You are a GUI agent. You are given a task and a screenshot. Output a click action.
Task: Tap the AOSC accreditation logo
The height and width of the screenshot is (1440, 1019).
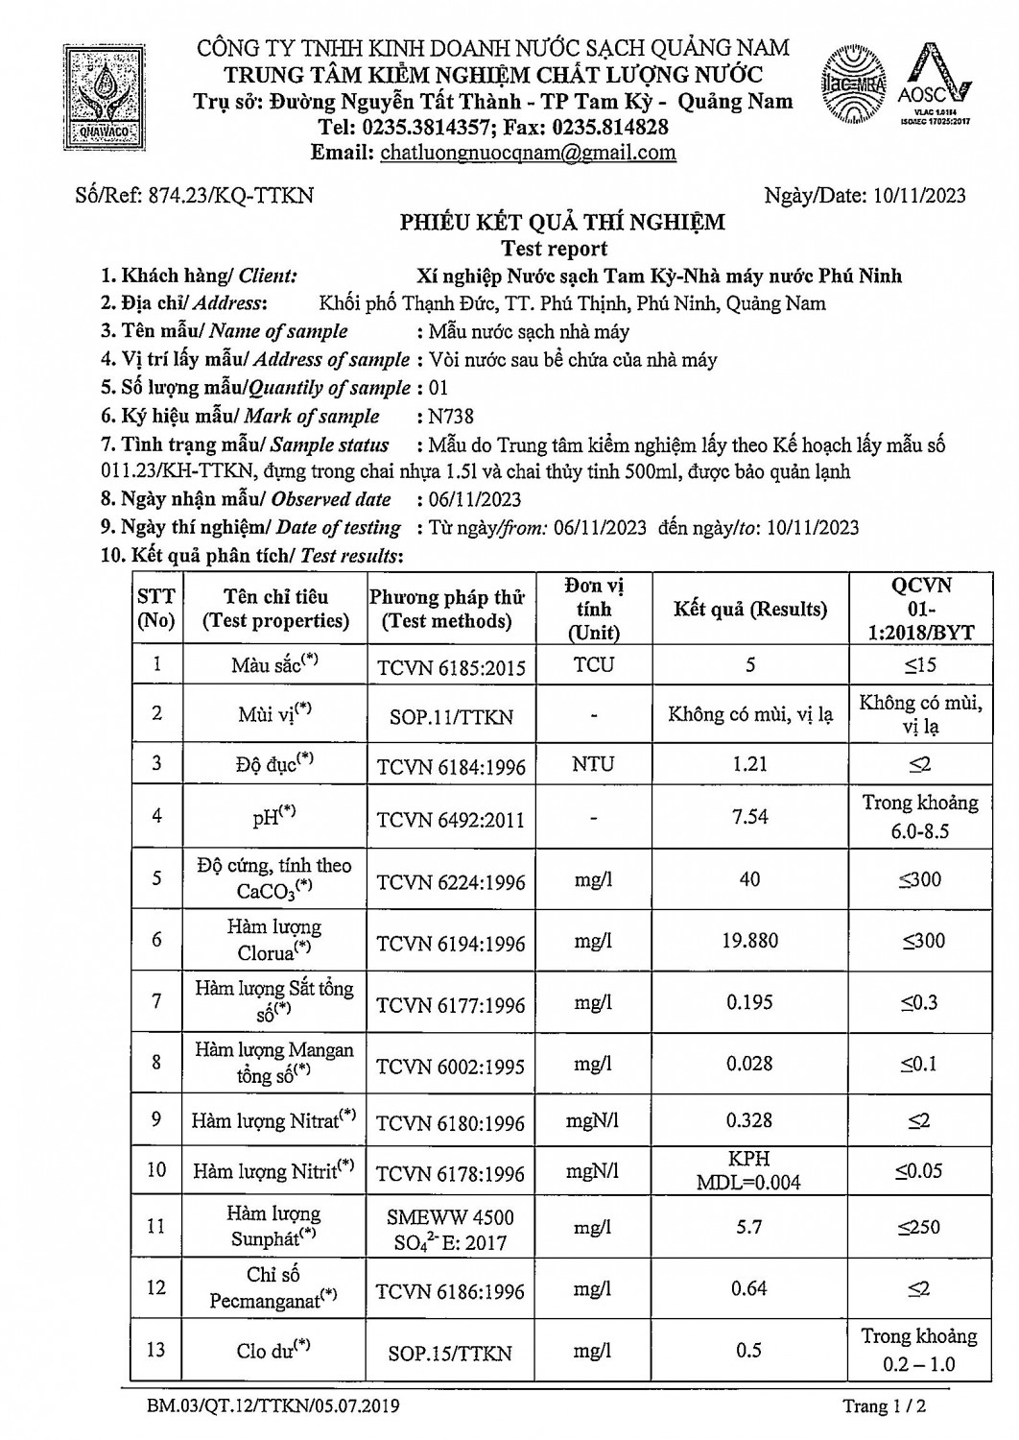click(937, 86)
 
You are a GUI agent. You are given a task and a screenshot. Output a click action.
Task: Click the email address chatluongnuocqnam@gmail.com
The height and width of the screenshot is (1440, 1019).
click(528, 153)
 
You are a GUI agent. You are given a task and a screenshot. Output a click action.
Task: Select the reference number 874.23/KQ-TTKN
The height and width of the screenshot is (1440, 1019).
click(229, 195)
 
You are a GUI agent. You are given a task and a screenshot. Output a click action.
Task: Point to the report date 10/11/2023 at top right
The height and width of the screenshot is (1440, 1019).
click(919, 196)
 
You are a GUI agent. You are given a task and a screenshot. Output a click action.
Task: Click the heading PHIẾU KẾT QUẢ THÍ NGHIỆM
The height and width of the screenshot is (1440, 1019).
click(562, 223)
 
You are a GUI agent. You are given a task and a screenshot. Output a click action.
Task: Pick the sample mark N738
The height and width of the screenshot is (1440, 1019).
click(452, 416)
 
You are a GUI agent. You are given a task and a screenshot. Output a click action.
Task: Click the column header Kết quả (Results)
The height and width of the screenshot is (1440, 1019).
click(749, 609)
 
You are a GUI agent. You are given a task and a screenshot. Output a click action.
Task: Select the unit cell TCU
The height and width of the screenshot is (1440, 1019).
click(593, 664)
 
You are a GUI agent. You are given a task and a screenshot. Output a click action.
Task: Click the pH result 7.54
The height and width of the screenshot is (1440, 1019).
click(749, 816)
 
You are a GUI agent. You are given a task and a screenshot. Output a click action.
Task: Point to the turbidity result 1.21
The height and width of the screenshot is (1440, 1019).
click(749, 764)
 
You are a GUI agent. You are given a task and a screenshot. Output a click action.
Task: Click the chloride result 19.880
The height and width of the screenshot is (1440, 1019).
click(749, 941)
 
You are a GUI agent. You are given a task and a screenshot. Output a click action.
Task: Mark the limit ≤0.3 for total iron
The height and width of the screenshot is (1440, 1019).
click(918, 1002)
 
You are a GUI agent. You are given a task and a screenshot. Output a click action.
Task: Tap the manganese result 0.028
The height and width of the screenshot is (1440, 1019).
click(749, 1063)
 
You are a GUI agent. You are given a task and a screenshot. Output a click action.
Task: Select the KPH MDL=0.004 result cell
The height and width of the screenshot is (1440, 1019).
click(749, 1170)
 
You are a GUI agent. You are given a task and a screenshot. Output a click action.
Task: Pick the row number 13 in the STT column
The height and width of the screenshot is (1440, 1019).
click(156, 1349)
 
